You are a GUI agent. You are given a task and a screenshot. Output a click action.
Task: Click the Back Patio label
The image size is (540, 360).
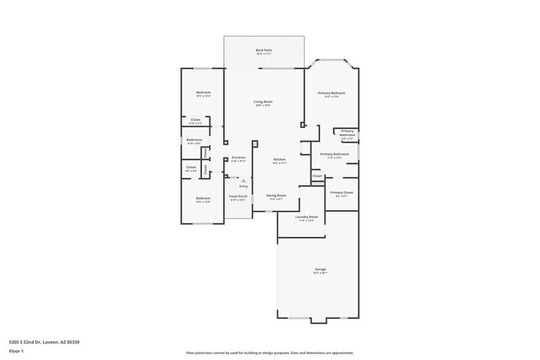[x=264, y=50]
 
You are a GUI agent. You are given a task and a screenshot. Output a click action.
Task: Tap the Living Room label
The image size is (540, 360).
[x=263, y=102]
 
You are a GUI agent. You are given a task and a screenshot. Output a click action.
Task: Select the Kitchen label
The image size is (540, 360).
[x=280, y=159]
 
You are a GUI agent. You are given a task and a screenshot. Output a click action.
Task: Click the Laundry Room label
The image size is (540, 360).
[x=306, y=217]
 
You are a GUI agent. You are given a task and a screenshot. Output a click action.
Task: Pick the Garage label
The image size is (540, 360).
[x=320, y=269]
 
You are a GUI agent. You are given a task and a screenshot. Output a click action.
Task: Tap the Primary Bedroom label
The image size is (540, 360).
[x=332, y=93]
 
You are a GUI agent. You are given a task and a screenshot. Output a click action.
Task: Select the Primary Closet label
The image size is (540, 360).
[x=342, y=192]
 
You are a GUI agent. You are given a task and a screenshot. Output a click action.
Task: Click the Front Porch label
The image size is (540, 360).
[x=238, y=197]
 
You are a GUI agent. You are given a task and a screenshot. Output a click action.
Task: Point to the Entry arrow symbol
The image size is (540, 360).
[x=243, y=181]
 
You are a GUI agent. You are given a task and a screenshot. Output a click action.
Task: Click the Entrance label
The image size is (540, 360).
[x=238, y=157]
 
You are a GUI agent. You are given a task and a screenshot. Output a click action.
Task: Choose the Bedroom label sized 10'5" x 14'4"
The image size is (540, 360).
[x=203, y=92]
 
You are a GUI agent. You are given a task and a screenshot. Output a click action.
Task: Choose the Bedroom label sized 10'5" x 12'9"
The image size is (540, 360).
[x=203, y=198]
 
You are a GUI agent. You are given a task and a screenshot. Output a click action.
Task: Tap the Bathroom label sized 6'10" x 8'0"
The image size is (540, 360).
[x=194, y=140]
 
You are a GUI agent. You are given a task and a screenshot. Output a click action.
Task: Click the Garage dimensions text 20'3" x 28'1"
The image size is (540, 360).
[x=320, y=273]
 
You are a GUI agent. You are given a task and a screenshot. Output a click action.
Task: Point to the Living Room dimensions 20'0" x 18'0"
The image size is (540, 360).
[x=263, y=105]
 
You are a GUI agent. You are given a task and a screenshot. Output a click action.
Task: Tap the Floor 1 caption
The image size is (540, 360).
[x=17, y=351]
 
